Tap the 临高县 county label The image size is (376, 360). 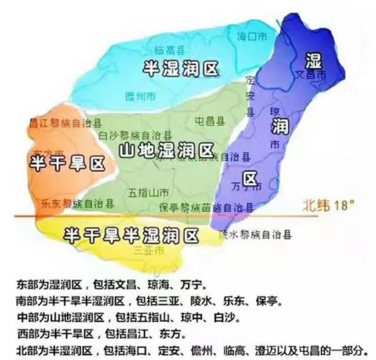tap(168, 50)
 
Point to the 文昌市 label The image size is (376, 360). tap(312, 73)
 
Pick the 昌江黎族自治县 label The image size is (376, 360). tap(65, 124)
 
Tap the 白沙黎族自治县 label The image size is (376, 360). tap(135, 135)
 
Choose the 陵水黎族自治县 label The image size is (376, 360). tap(255, 235)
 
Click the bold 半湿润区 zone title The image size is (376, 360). tap(181, 68)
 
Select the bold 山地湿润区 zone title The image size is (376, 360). tap(166, 150)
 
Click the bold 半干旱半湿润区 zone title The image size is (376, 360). tap(131, 235)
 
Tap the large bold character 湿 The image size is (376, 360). tap(313, 59)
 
